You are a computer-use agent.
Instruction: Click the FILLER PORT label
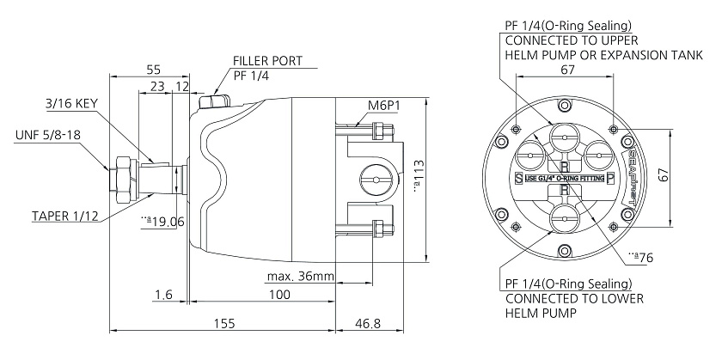click(x=267, y=62)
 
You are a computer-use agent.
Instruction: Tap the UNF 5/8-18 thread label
click(x=51, y=135)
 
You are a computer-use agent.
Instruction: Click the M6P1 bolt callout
click(x=387, y=106)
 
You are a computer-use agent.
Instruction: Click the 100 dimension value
click(x=277, y=295)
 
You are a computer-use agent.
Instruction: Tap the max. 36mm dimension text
click(x=301, y=277)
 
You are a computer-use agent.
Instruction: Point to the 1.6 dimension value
click(x=163, y=295)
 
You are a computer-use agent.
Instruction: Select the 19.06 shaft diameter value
click(x=163, y=221)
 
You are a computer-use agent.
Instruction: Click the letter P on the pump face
click(x=609, y=178)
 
